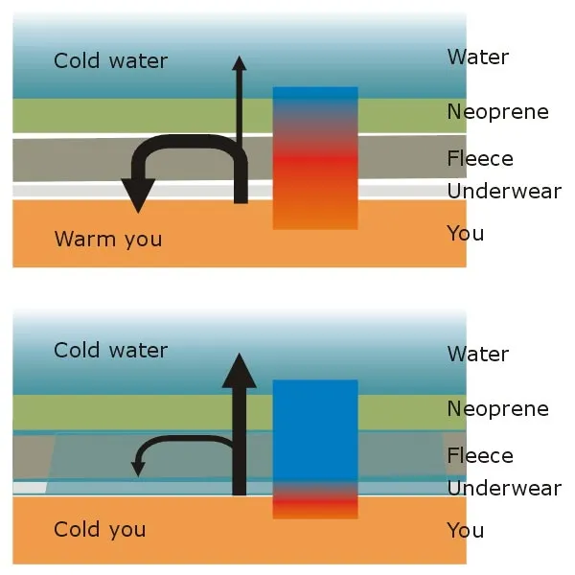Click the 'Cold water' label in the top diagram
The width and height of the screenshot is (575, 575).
(110, 61)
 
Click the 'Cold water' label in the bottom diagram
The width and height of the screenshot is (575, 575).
(110, 351)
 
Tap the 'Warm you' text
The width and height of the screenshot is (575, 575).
(108, 239)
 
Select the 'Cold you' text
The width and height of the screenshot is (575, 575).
(100, 530)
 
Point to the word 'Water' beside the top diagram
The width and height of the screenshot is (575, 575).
(477, 57)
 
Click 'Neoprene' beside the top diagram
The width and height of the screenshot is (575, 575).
(497, 112)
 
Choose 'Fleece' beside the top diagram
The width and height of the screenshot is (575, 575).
(480, 159)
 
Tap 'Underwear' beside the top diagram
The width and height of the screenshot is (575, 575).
(504, 192)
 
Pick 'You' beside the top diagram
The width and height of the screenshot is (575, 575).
(466, 233)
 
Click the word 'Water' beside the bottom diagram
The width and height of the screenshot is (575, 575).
(477, 355)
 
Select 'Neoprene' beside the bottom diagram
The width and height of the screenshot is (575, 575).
(497, 409)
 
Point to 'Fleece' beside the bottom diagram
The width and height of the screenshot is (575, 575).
(480, 456)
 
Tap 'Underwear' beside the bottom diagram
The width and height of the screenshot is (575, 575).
(504, 489)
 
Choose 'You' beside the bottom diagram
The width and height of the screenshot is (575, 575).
(466, 530)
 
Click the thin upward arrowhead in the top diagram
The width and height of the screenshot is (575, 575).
(240, 63)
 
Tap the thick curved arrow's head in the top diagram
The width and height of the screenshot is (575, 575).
(139, 198)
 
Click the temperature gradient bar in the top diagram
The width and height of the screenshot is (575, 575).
(315, 158)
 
